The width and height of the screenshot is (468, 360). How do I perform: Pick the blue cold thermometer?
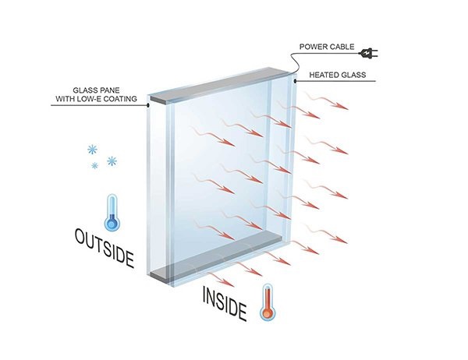pyautogui.click(x=111, y=213)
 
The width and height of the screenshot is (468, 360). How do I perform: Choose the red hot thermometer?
pyautogui.click(x=268, y=302)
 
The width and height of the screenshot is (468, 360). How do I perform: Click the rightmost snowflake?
pyautogui.click(x=112, y=161)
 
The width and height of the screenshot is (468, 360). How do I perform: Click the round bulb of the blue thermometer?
pyautogui.click(x=111, y=224)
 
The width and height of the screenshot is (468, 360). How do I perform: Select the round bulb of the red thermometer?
pyautogui.click(x=268, y=314)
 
